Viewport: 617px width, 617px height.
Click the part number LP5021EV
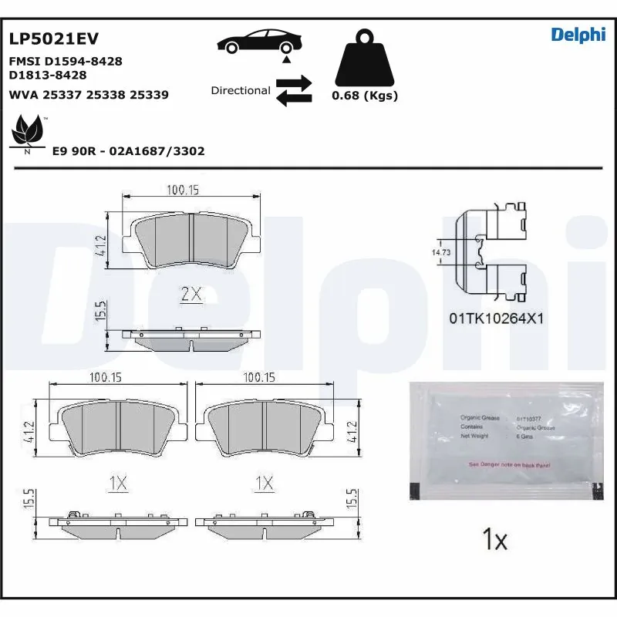coord(53,39)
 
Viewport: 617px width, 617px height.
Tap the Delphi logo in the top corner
coord(578,35)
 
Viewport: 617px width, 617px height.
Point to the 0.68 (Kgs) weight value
coord(364,96)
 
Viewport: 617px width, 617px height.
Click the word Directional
coord(241,90)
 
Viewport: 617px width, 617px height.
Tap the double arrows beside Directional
coord(294,89)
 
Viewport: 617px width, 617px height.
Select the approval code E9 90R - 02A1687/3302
coord(128,151)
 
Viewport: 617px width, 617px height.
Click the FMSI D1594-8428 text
coord(65,61)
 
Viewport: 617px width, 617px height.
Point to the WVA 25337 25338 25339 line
coord(88,95)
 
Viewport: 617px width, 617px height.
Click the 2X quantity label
coord(190,294)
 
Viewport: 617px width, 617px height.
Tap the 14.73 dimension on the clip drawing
coord(440,252)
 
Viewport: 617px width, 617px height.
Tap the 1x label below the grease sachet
coord(494,539)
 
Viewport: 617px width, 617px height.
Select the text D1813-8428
coord(47,75)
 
